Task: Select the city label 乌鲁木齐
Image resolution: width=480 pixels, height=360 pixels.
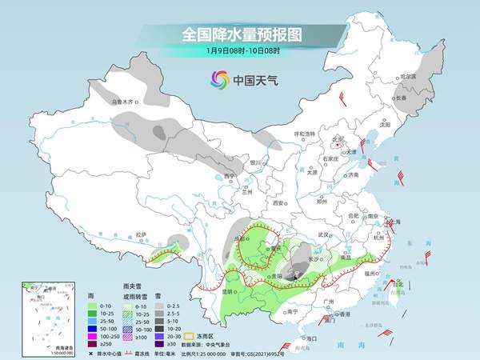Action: tap(126, 102)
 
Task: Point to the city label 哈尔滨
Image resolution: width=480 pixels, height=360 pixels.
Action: tap(408, 77)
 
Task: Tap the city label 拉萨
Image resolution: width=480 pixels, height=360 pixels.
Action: tap(142, 234)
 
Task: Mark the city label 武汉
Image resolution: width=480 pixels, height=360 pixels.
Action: tap(324, 234)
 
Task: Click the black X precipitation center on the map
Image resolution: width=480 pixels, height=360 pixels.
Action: tap(297, 275)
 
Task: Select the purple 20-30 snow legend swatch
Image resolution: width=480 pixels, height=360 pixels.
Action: tap(160, 336)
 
